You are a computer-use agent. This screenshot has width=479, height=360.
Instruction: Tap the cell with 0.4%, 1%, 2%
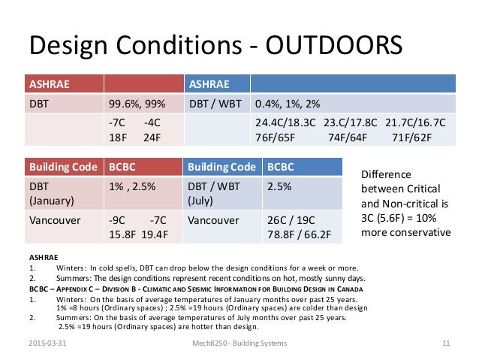[286, 103]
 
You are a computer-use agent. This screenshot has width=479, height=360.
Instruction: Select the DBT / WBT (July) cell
[219, 194]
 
